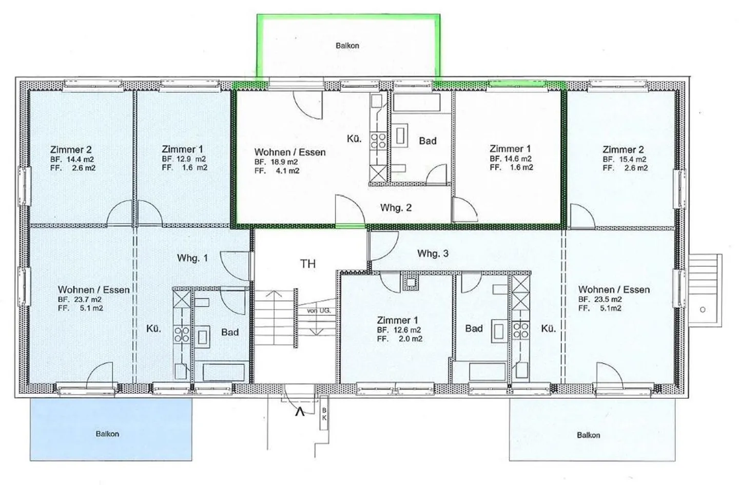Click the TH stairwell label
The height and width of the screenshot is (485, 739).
click(x=308, y=264)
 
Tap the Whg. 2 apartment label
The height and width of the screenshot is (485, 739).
click(x=396, y=208)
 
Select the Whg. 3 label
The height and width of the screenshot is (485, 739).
click(x=433, y=254)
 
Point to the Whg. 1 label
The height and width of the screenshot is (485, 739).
click(x=192, y=258)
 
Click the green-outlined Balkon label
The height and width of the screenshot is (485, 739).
click(x=347, y=46)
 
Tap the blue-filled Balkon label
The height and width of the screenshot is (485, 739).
click(x=107, y=434)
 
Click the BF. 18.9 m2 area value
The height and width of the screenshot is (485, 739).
click(x=276, y=162)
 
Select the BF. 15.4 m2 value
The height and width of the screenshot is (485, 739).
click(x=625, y=159)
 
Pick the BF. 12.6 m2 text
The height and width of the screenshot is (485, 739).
click(x=399, y=330)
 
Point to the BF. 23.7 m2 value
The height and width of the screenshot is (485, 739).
click(x=80, y=300)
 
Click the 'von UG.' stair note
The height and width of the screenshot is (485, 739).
click(x=319, y=311)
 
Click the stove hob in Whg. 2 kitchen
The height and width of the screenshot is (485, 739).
click(x=378, y=141)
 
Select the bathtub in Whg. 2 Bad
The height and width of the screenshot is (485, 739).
click(x=417, y=103)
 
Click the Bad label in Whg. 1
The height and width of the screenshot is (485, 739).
click(x=230, y=332)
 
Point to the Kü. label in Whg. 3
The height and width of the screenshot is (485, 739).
click(x=548, y=328)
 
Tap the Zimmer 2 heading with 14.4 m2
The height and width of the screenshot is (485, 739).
click(x=71, y=150)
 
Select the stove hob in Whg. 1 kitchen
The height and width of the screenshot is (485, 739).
click(x=182, y=334)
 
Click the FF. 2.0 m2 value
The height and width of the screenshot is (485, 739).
click(x=399, y=339)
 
